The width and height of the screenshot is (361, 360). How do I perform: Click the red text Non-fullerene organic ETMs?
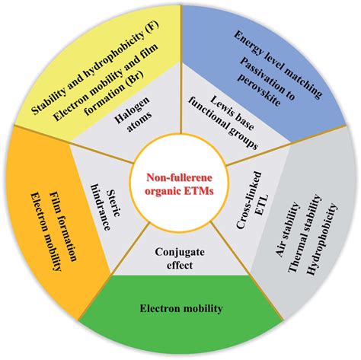(180, 181)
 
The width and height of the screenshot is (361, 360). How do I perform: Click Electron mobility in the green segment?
(180, 309)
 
